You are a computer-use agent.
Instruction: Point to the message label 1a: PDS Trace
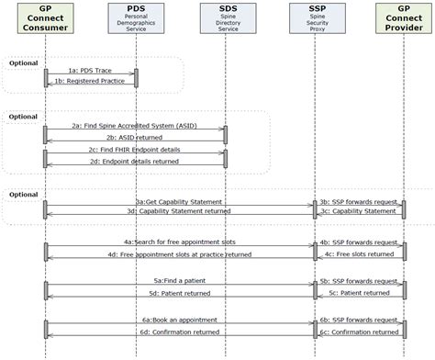point(90,71)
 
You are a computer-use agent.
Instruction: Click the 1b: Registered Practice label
point(90,82)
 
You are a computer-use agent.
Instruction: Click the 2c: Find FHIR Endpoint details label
point(134,150)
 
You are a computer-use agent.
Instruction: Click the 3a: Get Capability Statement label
point(178,201)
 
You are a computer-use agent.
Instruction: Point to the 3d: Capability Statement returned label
point(178,211)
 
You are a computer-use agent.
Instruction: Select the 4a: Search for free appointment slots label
point(178,243)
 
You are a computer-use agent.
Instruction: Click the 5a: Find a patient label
point(178,281)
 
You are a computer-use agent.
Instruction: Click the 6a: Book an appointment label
point(178,321)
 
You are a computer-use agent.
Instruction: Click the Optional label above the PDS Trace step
point(23,62)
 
